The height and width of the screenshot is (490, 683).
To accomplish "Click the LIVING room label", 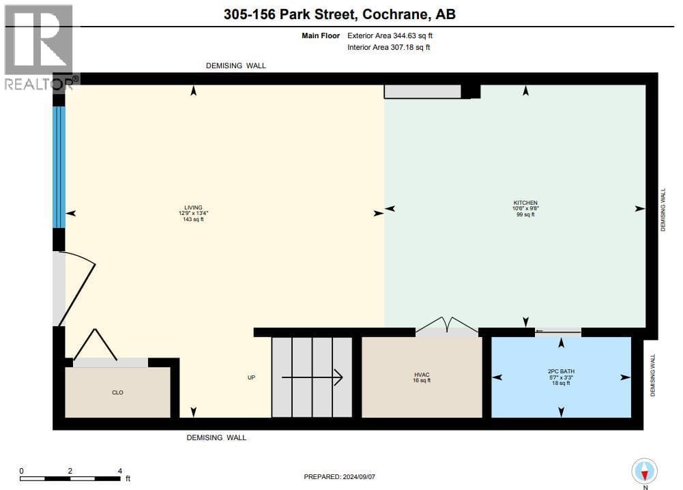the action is [193, 207].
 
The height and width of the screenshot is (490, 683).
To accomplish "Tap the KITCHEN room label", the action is [525, 203].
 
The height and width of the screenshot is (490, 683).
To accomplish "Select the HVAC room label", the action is [422, 375].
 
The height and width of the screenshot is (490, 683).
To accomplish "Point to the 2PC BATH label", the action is [561, 371].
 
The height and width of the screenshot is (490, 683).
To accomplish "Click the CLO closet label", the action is [117, 392].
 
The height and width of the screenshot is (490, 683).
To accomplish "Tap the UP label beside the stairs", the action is [251, 377].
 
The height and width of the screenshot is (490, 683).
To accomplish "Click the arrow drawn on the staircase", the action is [312, 377].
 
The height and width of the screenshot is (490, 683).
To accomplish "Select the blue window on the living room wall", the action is [59, 167].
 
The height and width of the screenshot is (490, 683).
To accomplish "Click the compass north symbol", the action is [644, 472].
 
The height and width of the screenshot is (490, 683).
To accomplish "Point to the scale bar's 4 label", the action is [120, 471].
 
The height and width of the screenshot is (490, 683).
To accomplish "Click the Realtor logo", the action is [40, 47].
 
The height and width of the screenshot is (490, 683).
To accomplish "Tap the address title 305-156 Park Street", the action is [291, 14].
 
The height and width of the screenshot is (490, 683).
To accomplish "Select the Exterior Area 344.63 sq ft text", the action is [390, 35].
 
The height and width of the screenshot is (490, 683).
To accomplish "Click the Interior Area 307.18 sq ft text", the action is [388, 47].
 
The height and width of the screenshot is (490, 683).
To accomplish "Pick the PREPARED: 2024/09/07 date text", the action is [339, 476].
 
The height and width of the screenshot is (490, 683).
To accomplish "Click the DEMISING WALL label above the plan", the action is [235, 66].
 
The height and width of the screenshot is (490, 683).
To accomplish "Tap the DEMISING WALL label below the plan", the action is [216, 437].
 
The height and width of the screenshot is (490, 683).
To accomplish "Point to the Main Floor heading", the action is [321, 35].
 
